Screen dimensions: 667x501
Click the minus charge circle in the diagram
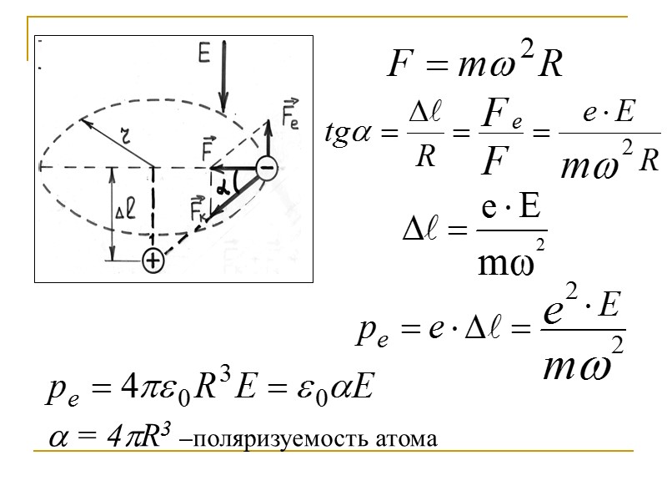click(x=267, y=168)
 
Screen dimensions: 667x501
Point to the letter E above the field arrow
click(x=204, y=54)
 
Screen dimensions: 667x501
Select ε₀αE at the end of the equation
click(x=341, y=387)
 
